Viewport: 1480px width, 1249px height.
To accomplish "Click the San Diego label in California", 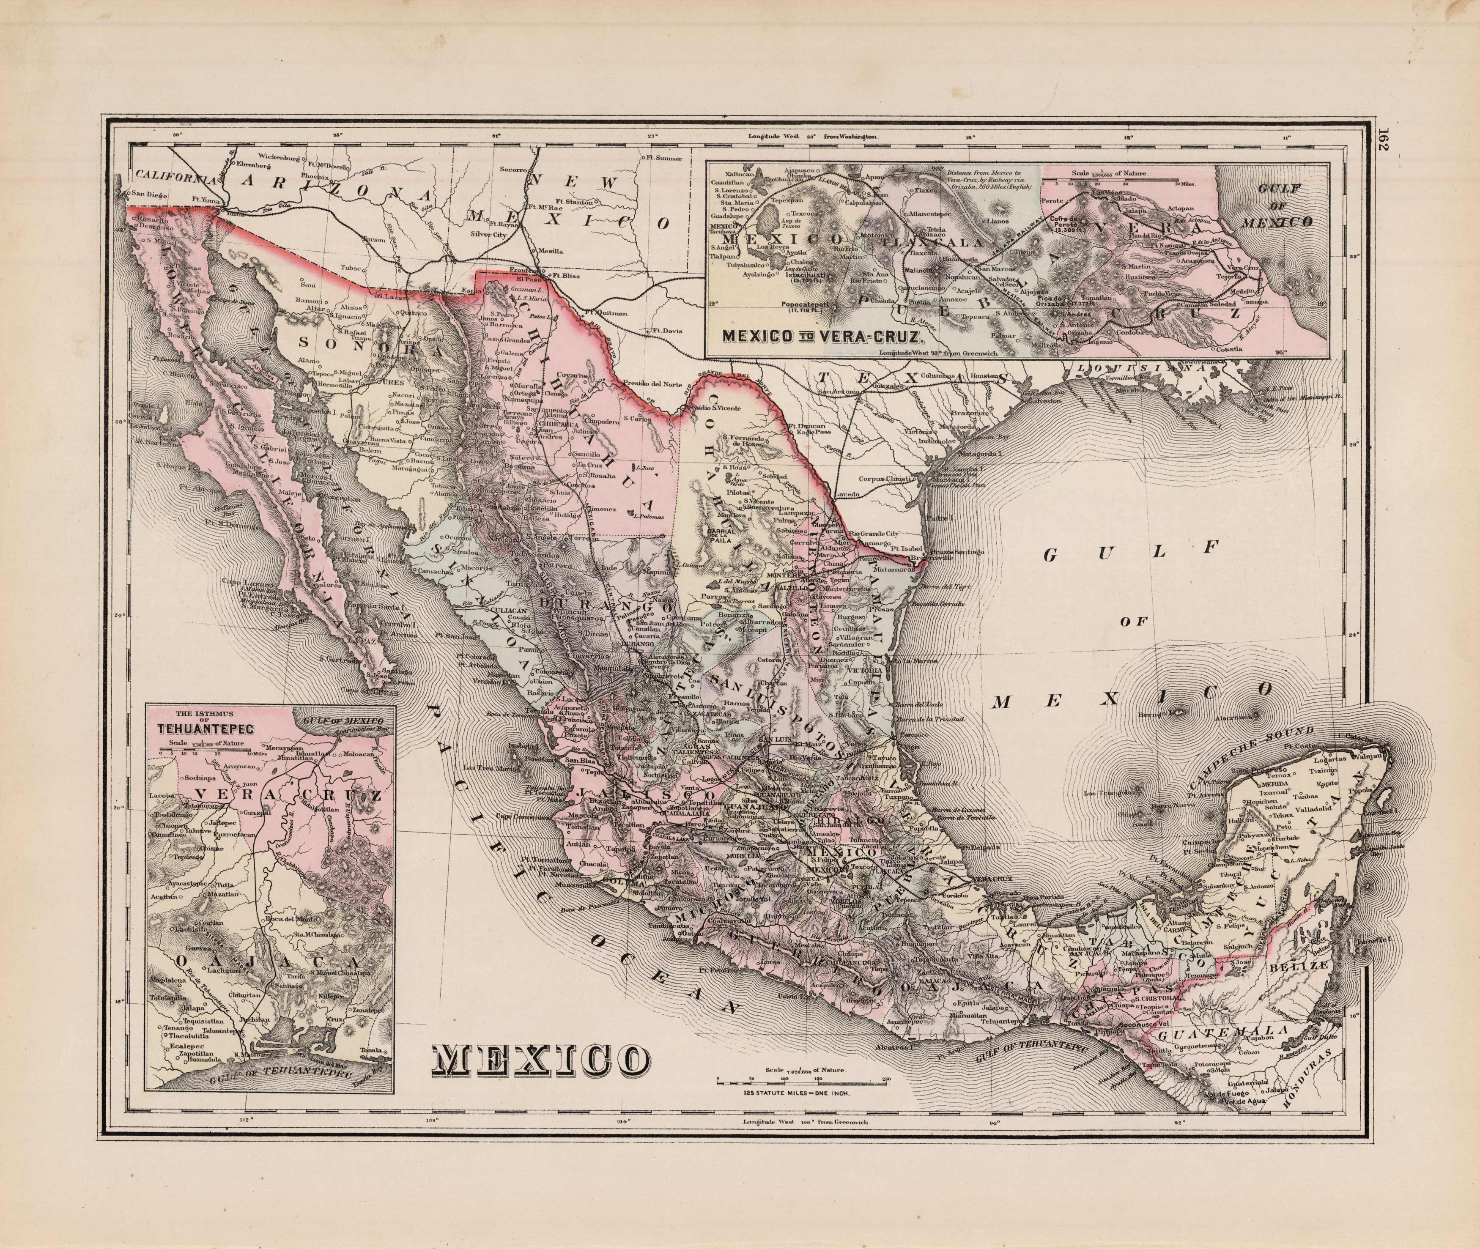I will click(x=149, y=193).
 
